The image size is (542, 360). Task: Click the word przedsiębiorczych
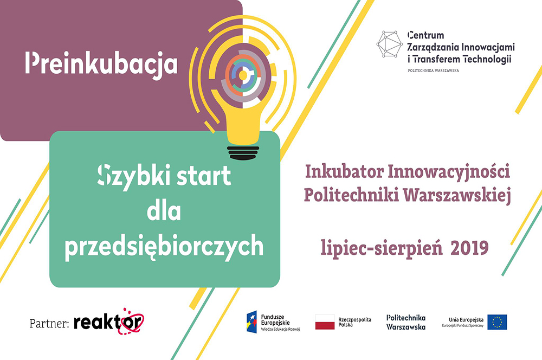[164, 247]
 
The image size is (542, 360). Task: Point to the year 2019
[469, 248]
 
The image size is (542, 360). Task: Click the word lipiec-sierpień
[382, 248]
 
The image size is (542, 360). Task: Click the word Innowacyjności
[449, 172]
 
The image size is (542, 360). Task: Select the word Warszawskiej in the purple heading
[457, 195]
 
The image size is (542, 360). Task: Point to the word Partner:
[49, 323]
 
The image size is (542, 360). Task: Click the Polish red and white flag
[325, 322]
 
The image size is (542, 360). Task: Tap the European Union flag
[497, 322]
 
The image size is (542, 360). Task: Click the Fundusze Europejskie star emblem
[251, 322]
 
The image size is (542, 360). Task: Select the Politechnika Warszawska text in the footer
[406, 322]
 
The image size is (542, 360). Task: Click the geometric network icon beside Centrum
[390, 44]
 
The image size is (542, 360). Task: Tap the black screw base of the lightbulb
[243, 153]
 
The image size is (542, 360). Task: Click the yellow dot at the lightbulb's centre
[243, 75]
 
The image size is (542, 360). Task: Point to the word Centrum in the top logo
[425, 35]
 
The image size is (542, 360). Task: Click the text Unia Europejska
[466, 319]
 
